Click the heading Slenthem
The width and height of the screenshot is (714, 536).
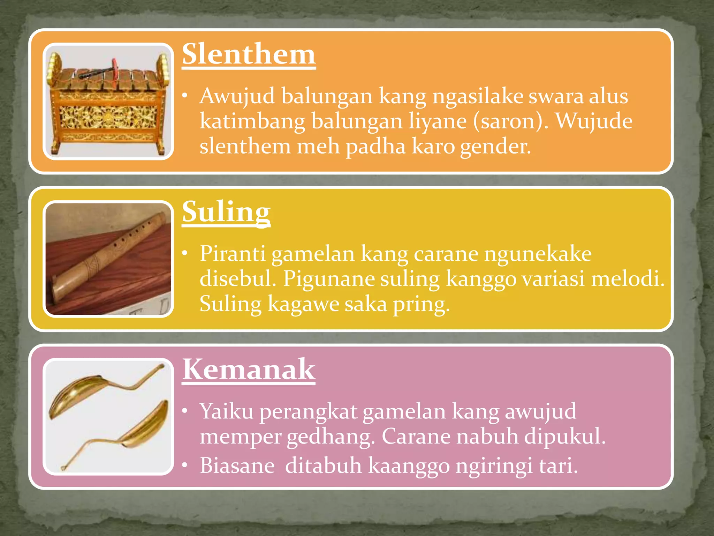point(249,55)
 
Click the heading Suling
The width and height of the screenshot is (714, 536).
point(226,212)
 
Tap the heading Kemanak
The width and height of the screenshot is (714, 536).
point(249,370)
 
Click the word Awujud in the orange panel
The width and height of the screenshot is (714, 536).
point(237,96)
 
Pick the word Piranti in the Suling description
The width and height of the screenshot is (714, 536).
point(232,254)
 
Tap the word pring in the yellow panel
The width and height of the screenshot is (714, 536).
point(421,304)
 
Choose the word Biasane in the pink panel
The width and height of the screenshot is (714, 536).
point(237,466)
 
